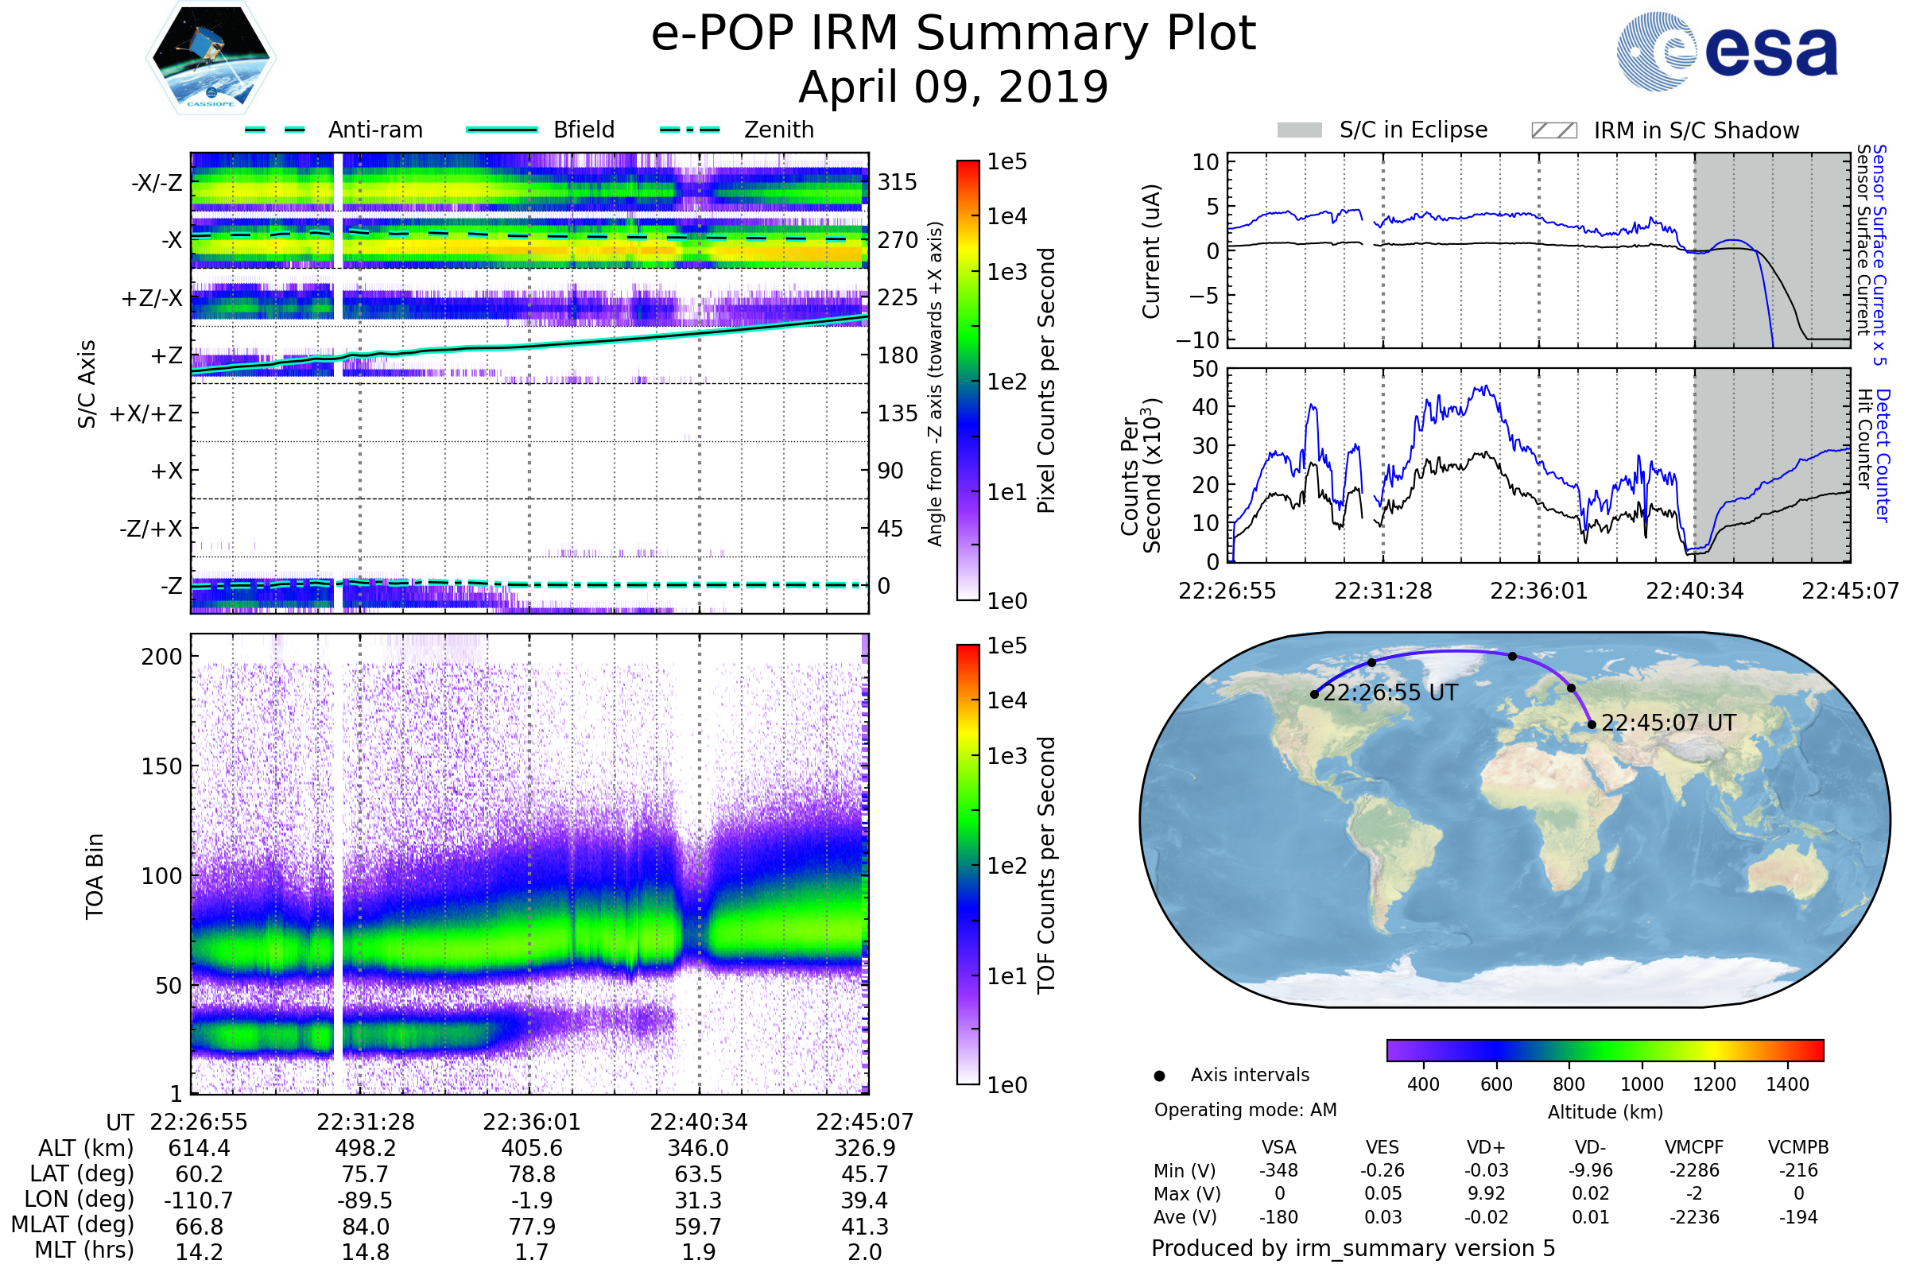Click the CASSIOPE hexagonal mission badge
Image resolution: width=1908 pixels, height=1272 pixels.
tap(211, 57)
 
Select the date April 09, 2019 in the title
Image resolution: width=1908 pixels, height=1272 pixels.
tap(953, 87)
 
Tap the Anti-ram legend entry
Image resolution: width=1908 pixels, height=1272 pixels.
tap(333, 130)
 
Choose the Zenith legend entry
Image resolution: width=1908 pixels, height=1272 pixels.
tap(737, 130)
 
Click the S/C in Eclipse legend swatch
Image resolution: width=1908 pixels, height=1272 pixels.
tap(1299, 130)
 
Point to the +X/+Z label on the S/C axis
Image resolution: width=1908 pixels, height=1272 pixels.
tap(146, 413)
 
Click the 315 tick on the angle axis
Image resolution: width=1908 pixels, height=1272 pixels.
tap(898, 182)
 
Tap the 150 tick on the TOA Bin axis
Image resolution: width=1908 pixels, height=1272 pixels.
tap(161, 766)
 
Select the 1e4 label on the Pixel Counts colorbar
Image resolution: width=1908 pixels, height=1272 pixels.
tap(1006, 216)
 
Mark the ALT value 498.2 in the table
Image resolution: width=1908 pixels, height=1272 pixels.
tap(366, 1149)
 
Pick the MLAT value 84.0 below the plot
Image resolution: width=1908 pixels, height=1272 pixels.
tap(366, 1227)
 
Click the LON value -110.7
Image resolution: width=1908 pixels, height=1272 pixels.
tap(199, 1200)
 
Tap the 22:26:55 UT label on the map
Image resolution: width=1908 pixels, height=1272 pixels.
tap(1390, 692)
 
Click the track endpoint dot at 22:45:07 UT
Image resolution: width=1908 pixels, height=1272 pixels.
tap(1592, 725)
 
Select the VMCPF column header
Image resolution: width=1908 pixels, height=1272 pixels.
tap(1694, 1148)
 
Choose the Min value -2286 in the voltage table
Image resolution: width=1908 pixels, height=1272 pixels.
tap(1694, 1170)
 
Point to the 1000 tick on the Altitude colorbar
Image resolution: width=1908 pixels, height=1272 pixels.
tap(1642, 1084)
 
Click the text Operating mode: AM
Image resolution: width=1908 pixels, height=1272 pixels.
tap(1245, 1110)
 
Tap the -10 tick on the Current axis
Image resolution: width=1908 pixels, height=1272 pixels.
tap(1198, 340)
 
